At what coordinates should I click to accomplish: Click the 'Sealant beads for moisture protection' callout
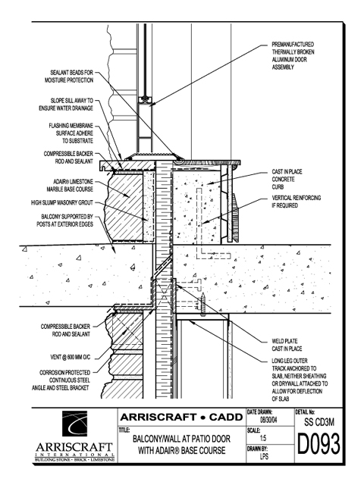coord(69,77)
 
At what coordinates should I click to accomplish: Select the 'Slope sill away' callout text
coord(66,105)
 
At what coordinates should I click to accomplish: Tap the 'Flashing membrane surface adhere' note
coord(71,133)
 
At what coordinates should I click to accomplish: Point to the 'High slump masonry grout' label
coord(62,202)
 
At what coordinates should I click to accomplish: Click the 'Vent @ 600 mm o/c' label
coord(71,357)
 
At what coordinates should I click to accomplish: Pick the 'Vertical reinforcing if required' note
coord(297,202)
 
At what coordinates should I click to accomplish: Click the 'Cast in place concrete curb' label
coord(287,180)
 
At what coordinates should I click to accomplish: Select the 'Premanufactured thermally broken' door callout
coord(293,55)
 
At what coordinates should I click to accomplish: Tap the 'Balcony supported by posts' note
coord(65,221)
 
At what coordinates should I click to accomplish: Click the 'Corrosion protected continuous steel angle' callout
coord(61,380)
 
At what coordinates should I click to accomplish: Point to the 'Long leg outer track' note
coord(300,380)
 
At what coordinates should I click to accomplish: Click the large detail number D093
coord(318,444)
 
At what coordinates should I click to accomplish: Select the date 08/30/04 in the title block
coord(268,421)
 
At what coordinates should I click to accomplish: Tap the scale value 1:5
coord(263,438)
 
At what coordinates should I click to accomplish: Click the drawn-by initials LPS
coord(264,456)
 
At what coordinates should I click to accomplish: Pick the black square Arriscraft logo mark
coord(74,424)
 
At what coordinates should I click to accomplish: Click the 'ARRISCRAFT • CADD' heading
coord(181,418)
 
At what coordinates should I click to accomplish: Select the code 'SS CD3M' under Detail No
coord(319,422)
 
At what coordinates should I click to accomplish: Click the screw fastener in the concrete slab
coord(203,304)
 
